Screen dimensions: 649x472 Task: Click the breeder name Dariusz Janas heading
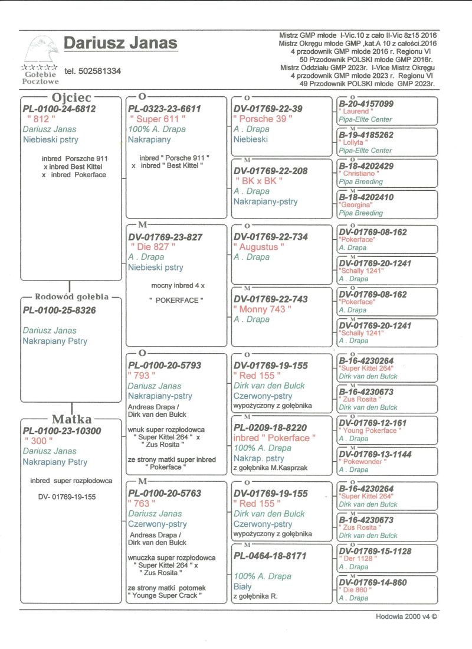120,43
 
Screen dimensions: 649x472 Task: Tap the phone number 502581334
93,71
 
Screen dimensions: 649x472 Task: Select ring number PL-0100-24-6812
59,109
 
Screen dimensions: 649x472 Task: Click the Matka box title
72,419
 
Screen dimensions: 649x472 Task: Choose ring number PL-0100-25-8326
59,309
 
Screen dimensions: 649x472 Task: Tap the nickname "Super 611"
157,119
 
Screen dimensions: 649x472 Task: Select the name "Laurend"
356,112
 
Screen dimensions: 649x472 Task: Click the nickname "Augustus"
258,247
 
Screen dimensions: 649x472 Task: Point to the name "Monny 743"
262,309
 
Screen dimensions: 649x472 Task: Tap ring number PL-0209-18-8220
270,428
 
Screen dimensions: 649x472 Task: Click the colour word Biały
242,586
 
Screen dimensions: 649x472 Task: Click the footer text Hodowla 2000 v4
407,616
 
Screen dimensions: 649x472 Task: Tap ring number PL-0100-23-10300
62,431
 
